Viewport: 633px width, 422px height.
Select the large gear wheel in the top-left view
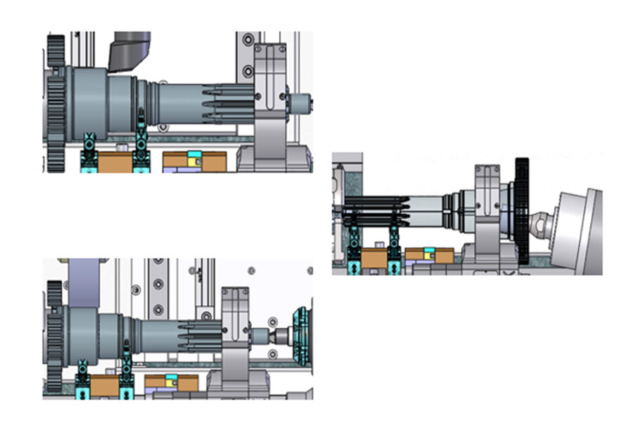click(56, 105)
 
